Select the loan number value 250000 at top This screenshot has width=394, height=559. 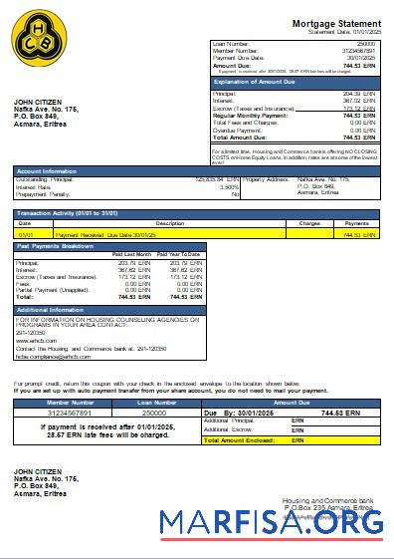pos(365,45)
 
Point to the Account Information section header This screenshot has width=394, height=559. pos(46,171)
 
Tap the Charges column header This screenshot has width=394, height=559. pos(309,223)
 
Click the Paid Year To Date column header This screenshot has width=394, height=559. pos(180,255)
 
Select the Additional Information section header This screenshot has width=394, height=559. pos(51,310)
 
